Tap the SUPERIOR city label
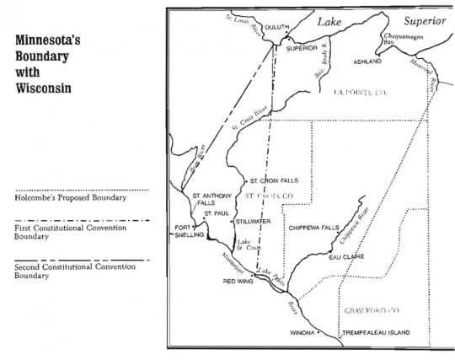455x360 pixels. [x=302, y=48]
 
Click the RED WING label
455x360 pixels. [x=239, y=282]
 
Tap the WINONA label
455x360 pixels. [x=304, y=333]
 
